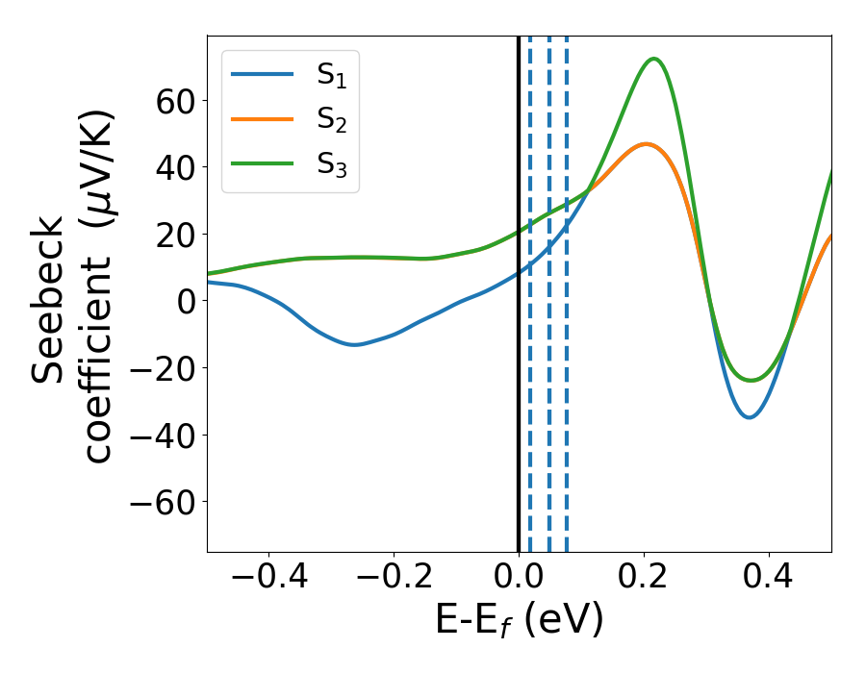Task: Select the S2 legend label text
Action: click(x=332, y=121)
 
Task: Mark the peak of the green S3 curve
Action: click(x=654, y=59)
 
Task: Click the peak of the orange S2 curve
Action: click(x=645, y=144)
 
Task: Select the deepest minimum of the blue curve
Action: click(x=749, y=417)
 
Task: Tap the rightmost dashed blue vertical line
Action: click(x=566, y=433)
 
